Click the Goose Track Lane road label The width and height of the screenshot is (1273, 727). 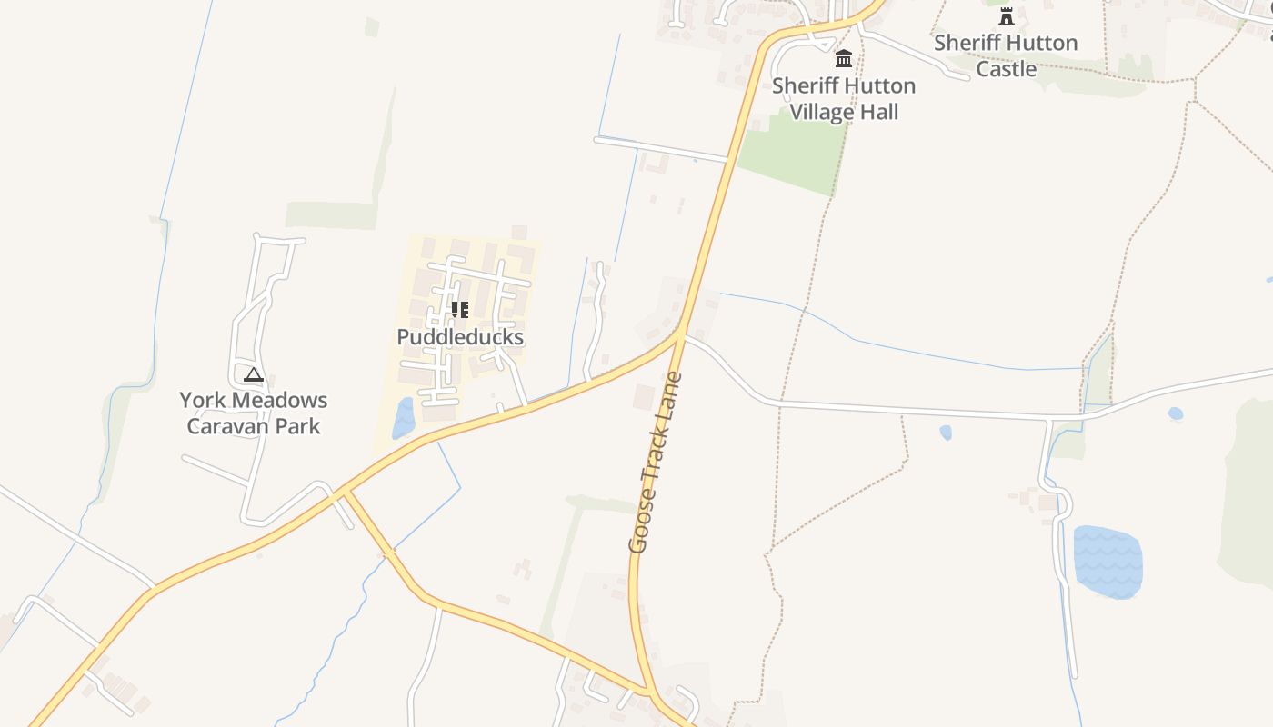click(x=655, y=463)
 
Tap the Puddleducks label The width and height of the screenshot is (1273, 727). click(x=460, y=337)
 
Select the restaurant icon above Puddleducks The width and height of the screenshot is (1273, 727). click(x=460, y=310)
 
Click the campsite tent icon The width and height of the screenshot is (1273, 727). click(x=254, y=373)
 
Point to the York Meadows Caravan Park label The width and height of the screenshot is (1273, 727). click(x=254, y=413)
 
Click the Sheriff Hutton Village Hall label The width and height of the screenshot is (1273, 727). click(x=844, y=98)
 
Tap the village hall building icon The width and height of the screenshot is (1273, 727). click(x=844, y=59)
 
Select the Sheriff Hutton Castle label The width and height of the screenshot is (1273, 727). click(x=1006, y=55)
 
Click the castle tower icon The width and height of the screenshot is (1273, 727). click(x=1006, y=15)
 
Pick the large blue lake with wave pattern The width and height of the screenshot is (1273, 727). click(x=1108, y=562)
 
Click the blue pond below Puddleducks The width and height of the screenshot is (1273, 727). click(x=403, y=418)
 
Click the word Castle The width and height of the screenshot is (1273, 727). click(x=1006, y=69)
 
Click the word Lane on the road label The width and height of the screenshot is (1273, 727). click(x=671, y=397)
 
